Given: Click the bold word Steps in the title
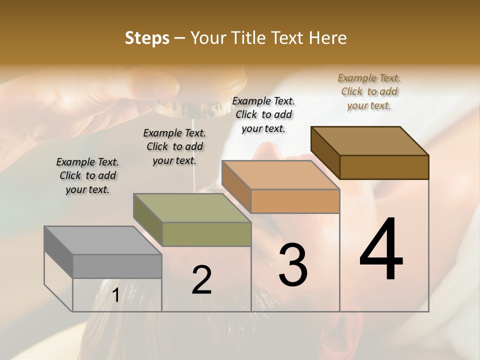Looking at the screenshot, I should pyautogui.click(x=147, y=38).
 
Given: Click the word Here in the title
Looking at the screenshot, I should pyautogui.click(x=328, y=38).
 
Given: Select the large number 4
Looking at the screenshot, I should pyautogui.click(x=381, y=250).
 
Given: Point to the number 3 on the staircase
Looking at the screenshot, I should pyautogui.click(x=292, y=265).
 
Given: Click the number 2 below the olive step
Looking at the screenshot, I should pyautogui.click(x=201, y=280).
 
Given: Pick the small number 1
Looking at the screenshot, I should pyautogui.click(x=115, y=295).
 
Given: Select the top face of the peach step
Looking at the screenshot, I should pyautogui.click(x=280, y=175).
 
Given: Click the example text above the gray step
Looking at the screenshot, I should pyautogui.click(x=87, y=176).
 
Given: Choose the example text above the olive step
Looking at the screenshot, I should pyautogui.click(x=174, y=146).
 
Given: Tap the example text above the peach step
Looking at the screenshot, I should pyautogui.click(x=263, y=114).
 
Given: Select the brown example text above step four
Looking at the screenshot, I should pyautogui.click(x=369, y=91).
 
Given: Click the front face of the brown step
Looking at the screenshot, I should pyautogui.click(x=384, y=167).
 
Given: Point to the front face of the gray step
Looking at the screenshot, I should pyautogui.click(x=117, y=266).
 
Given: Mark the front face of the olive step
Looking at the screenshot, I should pyautogui.click(x=206, y=234).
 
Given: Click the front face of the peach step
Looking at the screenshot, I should pyautogui.click(x=295, y=201).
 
